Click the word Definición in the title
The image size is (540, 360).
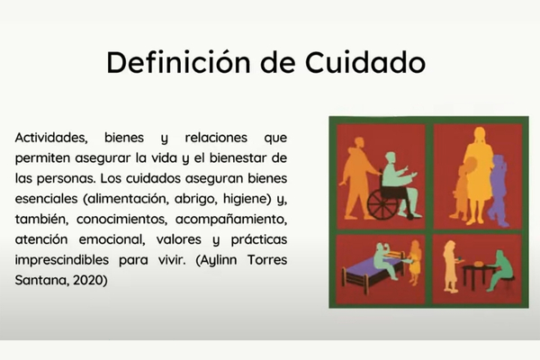pyautogui.click(x=178, y=62)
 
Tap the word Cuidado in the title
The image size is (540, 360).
pyautogui.click(x=365, y=62)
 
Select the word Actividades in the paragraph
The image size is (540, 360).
pyautogui.click(x=51, y=138)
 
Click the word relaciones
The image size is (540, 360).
pyautogui.click(x=216, y=138)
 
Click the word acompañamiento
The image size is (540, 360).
pyautogui.click(x=231, y=220)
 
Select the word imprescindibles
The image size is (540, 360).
pyautogui.click(x=61, y=259)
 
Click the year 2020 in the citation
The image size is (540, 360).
pyautogui.click(x=90, y=280)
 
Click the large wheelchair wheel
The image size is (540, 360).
pyautogui.click(x=382, y=205)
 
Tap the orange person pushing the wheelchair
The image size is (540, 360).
pyautogui.click(x=357, y=179)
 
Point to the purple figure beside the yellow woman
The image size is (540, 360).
pyautogui.click(x=499, y=191)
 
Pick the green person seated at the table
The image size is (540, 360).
pyautogui.click(x=500, y=270)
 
